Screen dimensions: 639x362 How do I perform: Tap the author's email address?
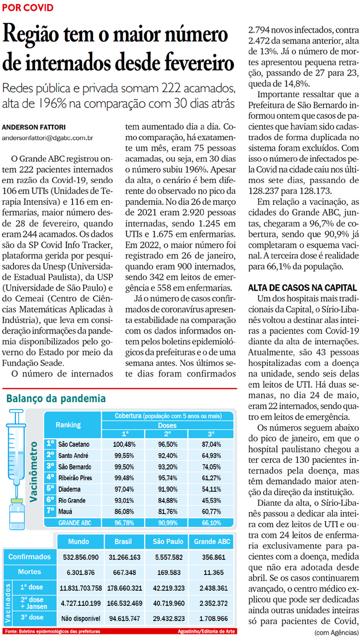[x=48, y=138]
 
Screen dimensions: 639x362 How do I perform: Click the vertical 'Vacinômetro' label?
[x=35, y=469]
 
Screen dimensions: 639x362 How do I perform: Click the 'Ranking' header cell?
[x=68, y=424]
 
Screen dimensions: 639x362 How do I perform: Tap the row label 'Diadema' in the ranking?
[x=70, y=489]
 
